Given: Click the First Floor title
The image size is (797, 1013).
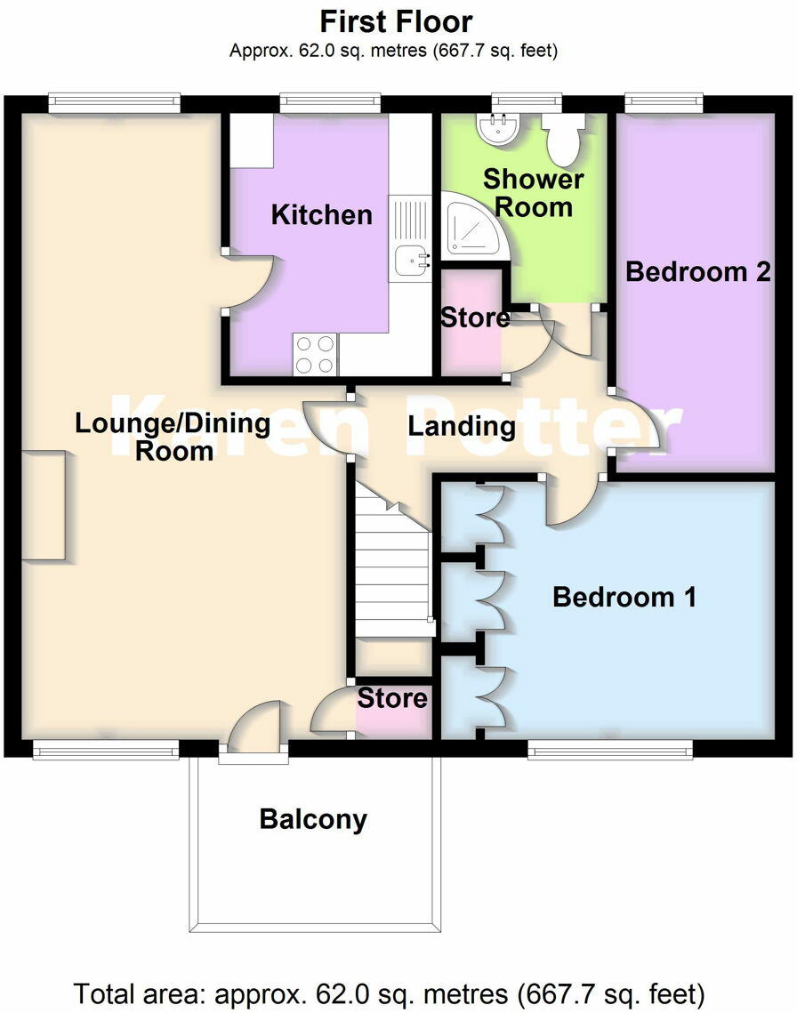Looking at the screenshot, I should coord(396,20).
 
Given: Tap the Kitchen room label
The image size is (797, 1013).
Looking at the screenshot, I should coord(321,214).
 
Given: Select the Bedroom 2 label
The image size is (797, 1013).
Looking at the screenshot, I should coord(697,271).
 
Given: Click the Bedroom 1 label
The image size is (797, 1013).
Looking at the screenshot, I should coord(624,597).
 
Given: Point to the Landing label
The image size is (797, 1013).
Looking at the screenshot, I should coord(462,426).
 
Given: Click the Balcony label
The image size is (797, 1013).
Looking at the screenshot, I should coord(313,818).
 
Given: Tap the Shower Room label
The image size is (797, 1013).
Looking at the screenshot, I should coord(533,192).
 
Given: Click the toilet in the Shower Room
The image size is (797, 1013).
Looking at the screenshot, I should coord(563,139).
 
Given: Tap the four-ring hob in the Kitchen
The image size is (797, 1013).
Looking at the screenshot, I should coord(315,353).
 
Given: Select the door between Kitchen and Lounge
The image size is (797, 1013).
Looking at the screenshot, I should coord(242,282).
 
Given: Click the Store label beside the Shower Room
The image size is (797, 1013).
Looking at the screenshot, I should coord(475,318).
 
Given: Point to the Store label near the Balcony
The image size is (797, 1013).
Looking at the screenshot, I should coord(392,698).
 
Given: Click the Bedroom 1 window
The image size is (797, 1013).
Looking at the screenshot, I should coord(609,752).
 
